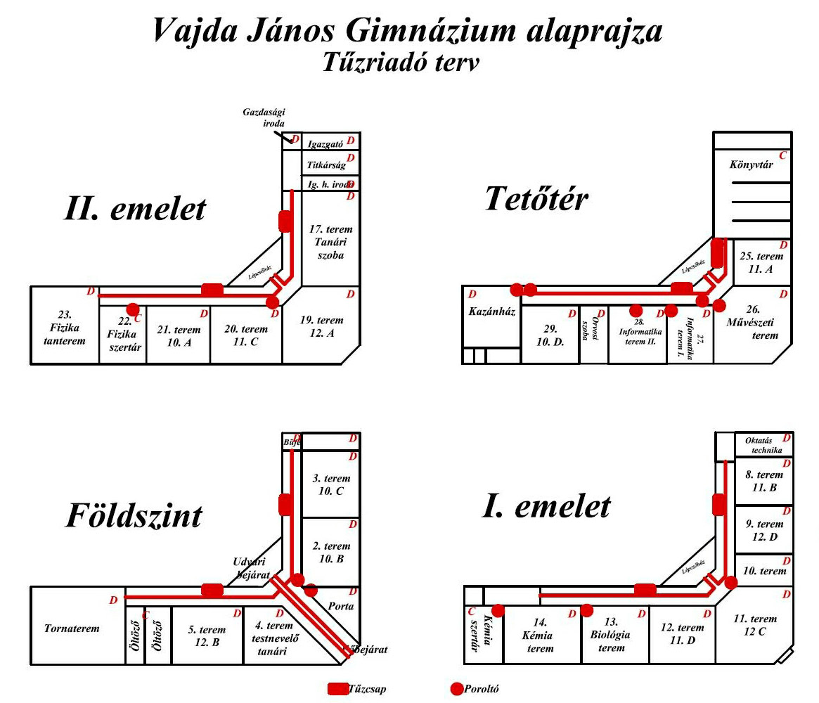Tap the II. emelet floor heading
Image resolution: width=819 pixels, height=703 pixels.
click(x=135, y=209)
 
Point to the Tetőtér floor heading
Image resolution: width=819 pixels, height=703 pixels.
click(x=536, y=200)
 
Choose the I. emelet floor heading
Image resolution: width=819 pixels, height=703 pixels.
click(x=546, y=506)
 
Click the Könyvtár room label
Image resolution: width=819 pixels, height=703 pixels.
click(x=752, y=166)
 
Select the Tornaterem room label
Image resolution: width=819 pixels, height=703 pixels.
click(x=72, y=628)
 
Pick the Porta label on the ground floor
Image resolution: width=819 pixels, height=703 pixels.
click(x=342, y=606)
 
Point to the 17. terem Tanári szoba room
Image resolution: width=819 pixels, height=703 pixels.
click(x=330, y=243)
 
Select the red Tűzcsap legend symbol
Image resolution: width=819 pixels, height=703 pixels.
click(x=337, y=688)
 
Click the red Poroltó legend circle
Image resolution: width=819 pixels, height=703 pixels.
click(x=457, y=688)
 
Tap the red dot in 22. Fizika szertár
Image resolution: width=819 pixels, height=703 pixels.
click(x=132, y=309)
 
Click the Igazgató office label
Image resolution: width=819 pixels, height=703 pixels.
click(x=325, y=145)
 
